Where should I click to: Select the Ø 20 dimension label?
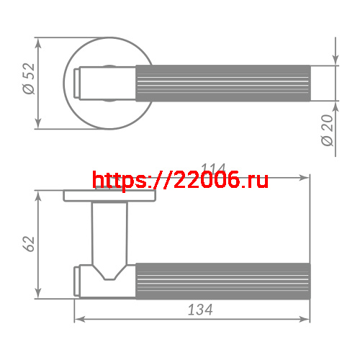coord(328,130)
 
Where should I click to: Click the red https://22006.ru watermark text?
coord(181,180)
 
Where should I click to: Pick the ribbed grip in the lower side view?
coord(223,279)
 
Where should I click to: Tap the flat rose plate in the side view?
coord(109,196)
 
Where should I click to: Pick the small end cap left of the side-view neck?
coord(76,279)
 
